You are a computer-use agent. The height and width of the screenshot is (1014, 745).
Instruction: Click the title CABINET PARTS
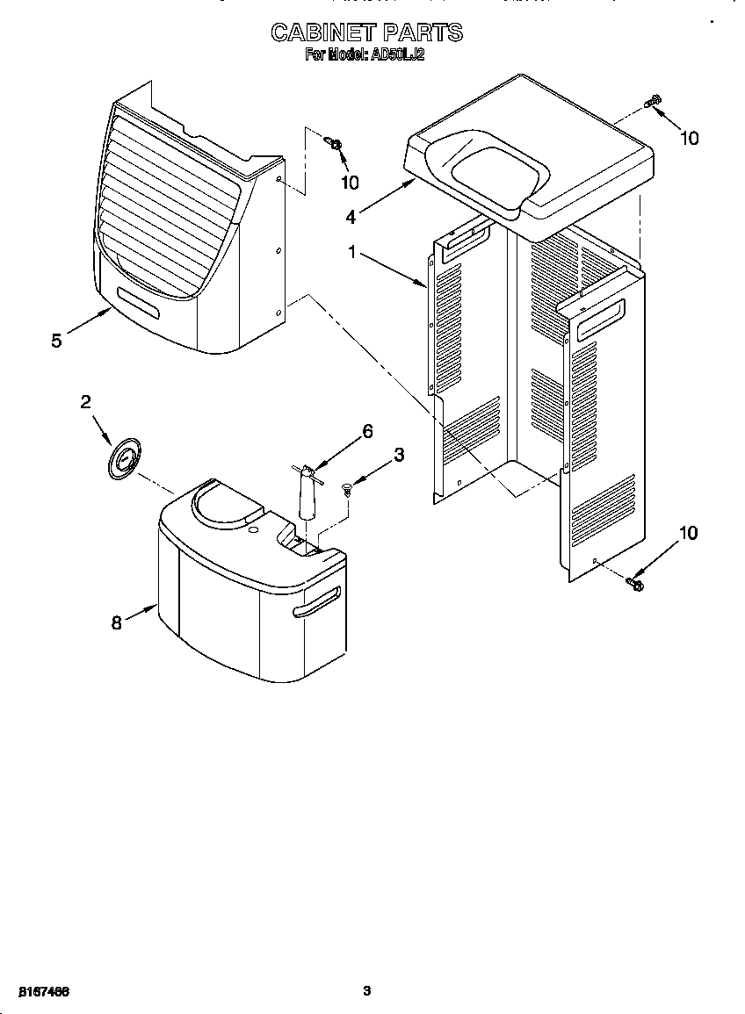coord(366,33)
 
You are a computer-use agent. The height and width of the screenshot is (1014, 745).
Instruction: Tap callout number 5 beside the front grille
coord(56,341)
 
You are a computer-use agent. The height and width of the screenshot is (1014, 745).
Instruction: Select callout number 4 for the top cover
coord(351,217)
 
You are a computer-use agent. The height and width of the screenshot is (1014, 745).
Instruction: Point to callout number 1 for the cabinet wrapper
coord(351,252)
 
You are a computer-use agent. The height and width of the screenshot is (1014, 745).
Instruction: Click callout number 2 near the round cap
coord(85,402)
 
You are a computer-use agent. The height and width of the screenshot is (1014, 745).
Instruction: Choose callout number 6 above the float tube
coord(367,431)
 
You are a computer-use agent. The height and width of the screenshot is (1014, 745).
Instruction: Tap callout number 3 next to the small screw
coord(399,455)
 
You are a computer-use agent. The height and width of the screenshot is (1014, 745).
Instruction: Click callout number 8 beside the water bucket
coord(117,622)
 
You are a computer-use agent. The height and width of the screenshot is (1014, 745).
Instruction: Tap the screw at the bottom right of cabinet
coord(635,581)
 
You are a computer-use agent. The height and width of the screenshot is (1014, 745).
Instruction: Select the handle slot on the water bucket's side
coord(316,606)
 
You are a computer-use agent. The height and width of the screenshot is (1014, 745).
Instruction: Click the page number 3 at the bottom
coord(367,991)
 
